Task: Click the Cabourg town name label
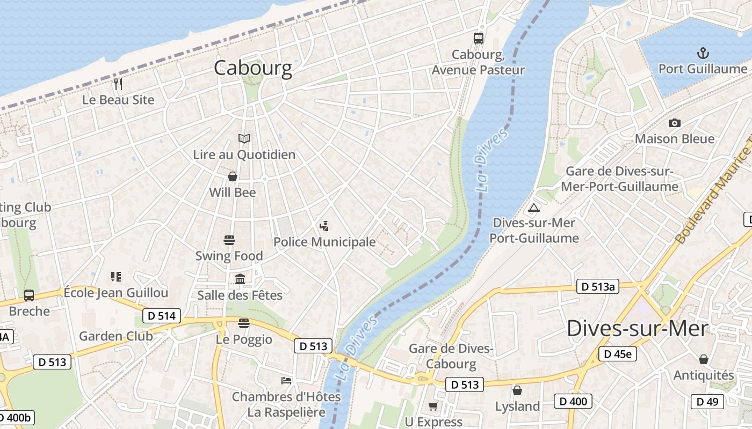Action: pyautogui.click(x=253, y=68)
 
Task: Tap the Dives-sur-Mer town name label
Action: pyautogui.click(x=637, y=328)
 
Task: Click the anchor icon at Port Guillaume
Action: pyautogui.click(x=703, y=53)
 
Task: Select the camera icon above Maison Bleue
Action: pyautogui.click(x=675, y=123)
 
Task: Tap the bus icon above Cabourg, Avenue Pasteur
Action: pyautogui.click(x=478, y=38)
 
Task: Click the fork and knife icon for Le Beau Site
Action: pyautogui.click(x=118, y=84)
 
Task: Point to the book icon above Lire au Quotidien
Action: pyautogui.click(x=244, y=139)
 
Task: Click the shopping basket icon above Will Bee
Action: pyautogui.click(x=233, y=176)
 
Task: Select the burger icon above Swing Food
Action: pyautogui.click(x=229, y=240)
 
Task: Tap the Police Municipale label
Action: pyautogui.click(x=324, y=242)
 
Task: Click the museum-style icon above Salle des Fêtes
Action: pyautogui.click(x=240, y=279)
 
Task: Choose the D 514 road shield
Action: pyautogui.click(x=162, y=316)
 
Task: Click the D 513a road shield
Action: pyautogui.click(x=597, y=286)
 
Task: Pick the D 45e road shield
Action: pyautogui.click(x=618, y=354)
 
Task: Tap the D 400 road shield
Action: pyautogui.click(x=573, y=401)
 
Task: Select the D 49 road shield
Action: pyautogui.click(x=707, y=401)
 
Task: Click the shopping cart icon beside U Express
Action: pyautogui.click(x=433, y=406)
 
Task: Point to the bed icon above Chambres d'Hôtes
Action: pyautogui.click(x=286, y=381)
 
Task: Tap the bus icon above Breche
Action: pyautogui.click(x=29, y=295)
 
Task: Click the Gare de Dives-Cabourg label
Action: pyautogui.click(x=451, y=356)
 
